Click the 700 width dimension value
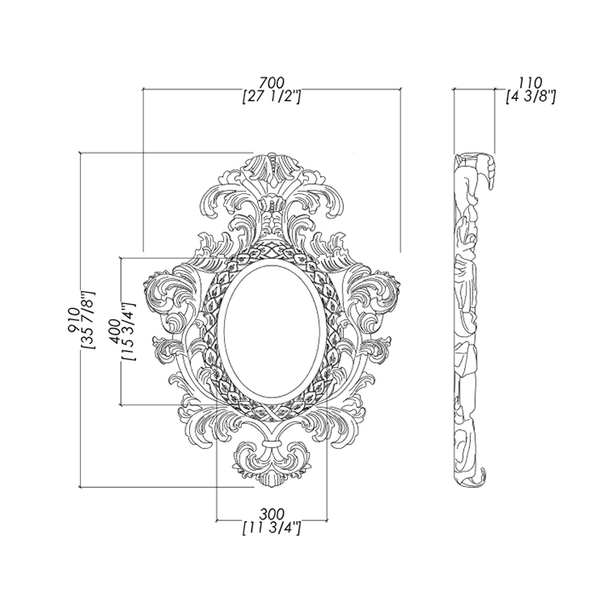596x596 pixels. click(272, 83)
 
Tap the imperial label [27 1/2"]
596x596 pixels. click(272, 97)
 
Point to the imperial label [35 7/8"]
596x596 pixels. click(89, 320)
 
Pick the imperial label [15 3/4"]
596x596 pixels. click(129, 332)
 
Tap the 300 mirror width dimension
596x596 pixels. click(272, 514)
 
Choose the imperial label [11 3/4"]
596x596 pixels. click(272, 529)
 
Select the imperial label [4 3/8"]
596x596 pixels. click(531, 97)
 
